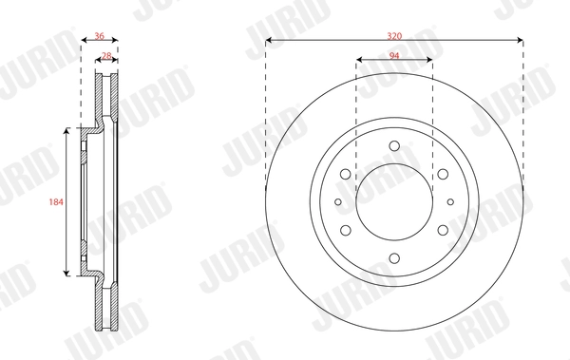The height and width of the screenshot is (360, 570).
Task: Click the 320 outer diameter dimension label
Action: point(394,35)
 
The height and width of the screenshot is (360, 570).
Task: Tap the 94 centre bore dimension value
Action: point(394,56)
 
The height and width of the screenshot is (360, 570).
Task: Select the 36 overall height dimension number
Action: point(100,35)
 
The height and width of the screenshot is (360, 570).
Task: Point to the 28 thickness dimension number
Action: point(106,56)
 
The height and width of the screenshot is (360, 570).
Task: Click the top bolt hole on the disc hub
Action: point(394,147)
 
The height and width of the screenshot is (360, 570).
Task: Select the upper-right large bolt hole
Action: point(442,174)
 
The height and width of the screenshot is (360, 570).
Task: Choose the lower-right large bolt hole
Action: point(442,229)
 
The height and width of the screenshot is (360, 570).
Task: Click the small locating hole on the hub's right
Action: point(450,201)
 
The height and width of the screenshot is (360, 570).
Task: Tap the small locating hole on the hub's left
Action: point(338,201)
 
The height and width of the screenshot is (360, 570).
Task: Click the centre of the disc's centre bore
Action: point(394,201)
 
